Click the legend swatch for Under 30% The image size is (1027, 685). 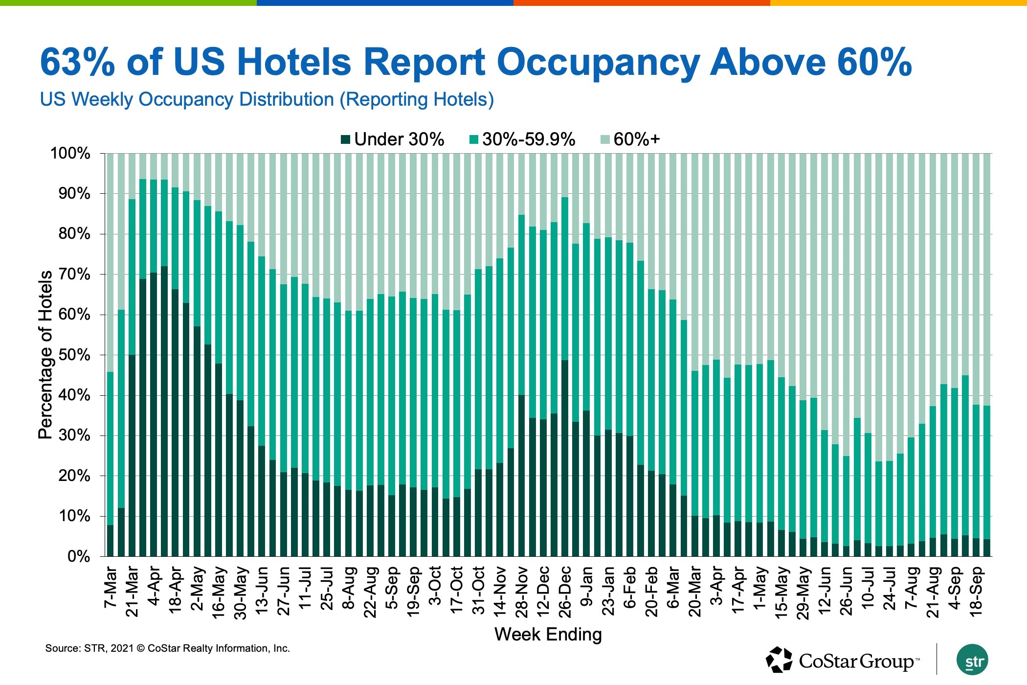point(346,140)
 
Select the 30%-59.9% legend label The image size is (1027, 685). point(528,140)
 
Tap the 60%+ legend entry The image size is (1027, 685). point(636,140)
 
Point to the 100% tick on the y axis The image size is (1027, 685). point(70,154)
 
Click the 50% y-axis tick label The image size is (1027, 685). point(74,355)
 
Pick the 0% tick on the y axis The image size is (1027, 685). point(79,556)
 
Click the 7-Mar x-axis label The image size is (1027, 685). point(111,587)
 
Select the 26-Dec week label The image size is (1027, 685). point(565,592)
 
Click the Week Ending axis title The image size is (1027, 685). point(548,635)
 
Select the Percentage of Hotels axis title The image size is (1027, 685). point(45,355)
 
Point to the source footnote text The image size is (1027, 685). point(167,648)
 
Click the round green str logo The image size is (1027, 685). point(972,660)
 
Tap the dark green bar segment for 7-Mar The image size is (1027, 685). point(111,541)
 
